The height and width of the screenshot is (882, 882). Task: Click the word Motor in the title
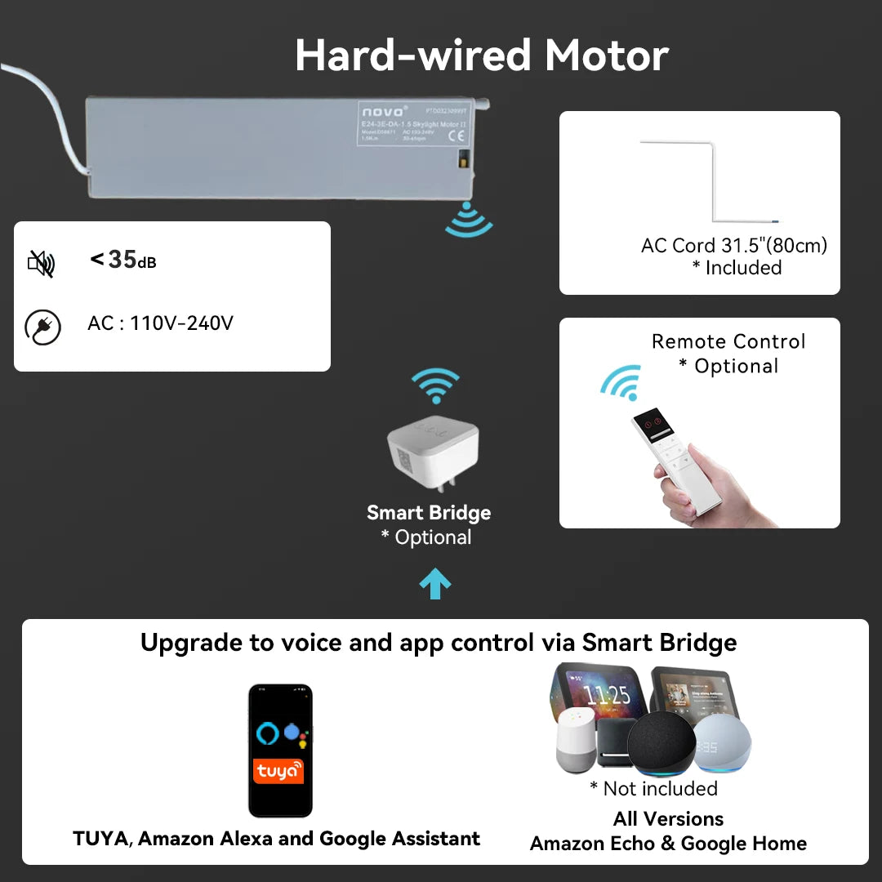click(607, 56)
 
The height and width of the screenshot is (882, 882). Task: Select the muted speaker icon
click(41, 263)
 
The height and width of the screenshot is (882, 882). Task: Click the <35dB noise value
click(122, 260)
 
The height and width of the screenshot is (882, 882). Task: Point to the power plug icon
click(42, 327)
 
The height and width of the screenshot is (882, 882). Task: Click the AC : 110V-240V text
click(160, 323)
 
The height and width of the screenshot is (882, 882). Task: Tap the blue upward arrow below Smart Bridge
click(434, 585)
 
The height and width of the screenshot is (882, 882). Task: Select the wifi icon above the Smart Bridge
click(435, 385)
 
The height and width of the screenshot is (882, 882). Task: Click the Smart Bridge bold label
click(429, 513)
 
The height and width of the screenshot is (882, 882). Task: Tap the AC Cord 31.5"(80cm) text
click(734, 245)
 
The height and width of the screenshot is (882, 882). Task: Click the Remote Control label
click(728, 341)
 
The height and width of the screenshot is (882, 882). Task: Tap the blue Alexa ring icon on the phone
click(267, 733)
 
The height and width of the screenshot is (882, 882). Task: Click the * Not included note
click(653, 788)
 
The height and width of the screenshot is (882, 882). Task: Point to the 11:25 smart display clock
click(608, 696)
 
